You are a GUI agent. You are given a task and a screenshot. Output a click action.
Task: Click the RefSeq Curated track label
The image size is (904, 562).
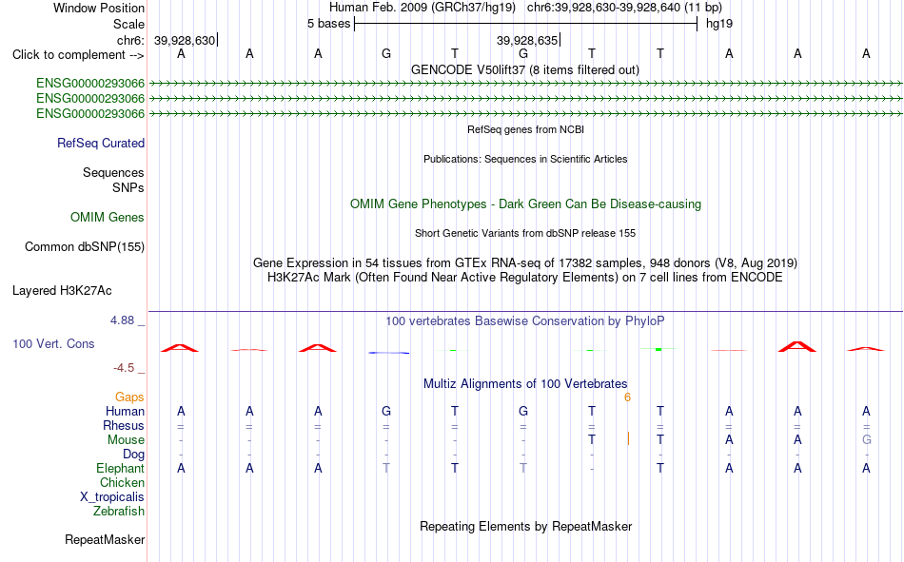click(101, 143)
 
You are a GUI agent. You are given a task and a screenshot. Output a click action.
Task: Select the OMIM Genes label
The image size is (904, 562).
click(108, 218)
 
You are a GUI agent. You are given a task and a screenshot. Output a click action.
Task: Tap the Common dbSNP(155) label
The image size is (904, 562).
click(85, 246)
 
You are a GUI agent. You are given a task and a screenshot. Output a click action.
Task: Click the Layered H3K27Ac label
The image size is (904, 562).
click(62, 291)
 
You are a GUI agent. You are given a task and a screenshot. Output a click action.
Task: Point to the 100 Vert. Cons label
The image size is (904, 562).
click(53, 343)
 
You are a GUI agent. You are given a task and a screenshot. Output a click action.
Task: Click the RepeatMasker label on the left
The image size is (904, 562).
click(105, 539)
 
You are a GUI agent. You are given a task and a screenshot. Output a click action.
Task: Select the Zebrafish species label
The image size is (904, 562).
click(119, 512)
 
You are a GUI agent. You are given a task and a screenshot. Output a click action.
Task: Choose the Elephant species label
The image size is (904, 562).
click(121, 468)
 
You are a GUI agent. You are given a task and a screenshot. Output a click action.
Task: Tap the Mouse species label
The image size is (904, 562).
click(126, 439)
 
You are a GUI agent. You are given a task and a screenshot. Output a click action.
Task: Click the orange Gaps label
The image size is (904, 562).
click(129, 397)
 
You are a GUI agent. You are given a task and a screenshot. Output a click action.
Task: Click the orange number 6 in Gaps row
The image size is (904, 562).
click(627, 397)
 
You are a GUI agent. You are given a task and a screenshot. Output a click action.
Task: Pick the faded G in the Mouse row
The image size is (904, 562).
click(867, 439)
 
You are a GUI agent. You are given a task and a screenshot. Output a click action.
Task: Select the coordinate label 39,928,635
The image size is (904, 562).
click(527, 41)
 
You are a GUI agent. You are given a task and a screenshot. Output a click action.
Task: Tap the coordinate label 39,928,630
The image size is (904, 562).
click(185, 41)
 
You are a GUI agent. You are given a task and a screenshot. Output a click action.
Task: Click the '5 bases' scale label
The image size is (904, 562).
click(328, 24)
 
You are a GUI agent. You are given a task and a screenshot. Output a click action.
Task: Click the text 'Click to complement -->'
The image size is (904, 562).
click(78, 55)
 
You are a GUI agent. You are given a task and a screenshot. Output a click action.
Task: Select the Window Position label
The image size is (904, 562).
click(99, 8)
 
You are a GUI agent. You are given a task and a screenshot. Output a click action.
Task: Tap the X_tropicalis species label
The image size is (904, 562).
click(112, 497)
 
